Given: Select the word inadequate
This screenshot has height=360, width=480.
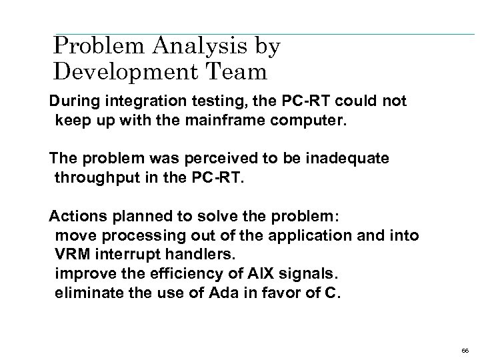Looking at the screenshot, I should [355, 158].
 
